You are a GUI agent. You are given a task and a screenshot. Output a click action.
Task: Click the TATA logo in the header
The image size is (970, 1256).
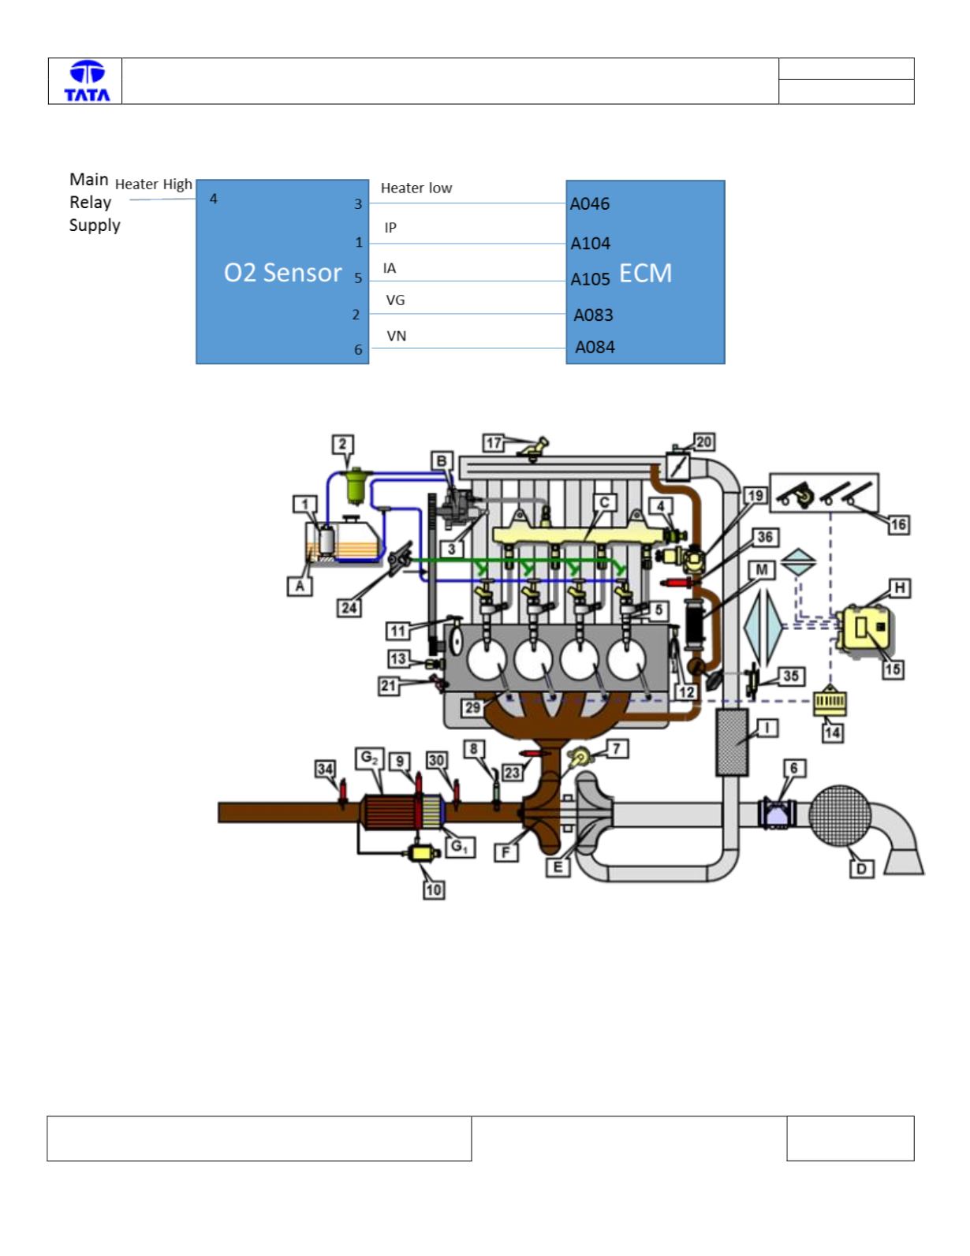point(87,81)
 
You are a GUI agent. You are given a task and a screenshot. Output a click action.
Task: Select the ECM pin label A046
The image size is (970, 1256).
point(590,203)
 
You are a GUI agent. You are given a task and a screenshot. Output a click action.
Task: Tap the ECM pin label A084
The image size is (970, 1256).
point(595,347)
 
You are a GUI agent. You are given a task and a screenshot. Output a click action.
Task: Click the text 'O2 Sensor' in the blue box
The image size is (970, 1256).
point(282,273)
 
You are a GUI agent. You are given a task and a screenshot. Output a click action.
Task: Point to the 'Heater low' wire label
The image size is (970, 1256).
point(416,188)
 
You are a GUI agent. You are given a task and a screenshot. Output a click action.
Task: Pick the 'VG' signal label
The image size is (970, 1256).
point(395,300)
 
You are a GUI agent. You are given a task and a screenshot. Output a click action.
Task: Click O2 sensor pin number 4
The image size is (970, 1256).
point(213,199)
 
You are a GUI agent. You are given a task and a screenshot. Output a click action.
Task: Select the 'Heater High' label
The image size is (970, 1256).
point(154,184)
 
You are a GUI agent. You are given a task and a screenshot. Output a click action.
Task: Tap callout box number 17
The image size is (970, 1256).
point(493,443)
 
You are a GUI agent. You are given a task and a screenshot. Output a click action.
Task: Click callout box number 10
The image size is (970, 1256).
point(434,889)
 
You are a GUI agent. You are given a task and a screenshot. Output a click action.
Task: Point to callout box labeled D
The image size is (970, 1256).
point(861,868)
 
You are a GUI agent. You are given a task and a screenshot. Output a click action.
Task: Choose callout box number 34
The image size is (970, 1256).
point(325,769)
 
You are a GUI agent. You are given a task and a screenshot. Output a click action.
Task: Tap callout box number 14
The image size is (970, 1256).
point(832,733)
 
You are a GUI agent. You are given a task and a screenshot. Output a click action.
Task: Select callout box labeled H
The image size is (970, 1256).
point(900,588)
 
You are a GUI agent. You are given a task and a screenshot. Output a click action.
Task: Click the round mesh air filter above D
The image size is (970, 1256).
point(839,815)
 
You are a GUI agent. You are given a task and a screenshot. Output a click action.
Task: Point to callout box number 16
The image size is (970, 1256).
point(897,525)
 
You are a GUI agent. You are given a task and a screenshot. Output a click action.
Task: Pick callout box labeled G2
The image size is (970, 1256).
point(370,758)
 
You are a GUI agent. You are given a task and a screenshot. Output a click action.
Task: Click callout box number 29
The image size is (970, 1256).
point(473,707)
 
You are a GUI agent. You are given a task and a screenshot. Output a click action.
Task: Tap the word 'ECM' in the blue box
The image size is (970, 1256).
point(646,274)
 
